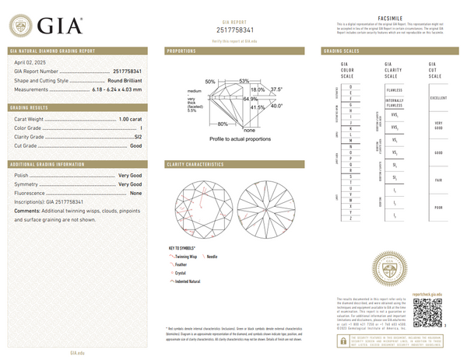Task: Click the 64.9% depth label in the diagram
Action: (x=251, y=100)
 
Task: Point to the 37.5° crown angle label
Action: (x=276, y=89)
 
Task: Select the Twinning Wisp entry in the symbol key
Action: (x=186, y=256)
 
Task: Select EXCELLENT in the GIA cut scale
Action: (x=439, y=98)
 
